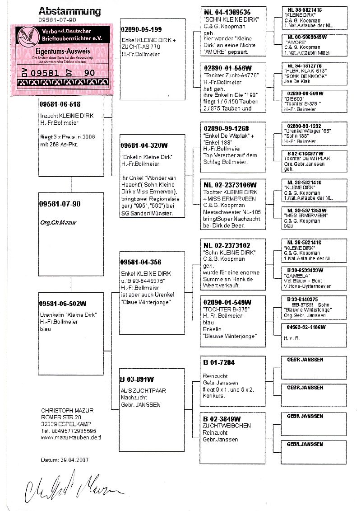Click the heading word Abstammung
(69, 11)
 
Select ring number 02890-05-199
(141, 30)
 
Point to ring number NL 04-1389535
(227, 12)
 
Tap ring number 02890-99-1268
(226, 129)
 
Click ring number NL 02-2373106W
(230, 185)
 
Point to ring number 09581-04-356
(141, 262)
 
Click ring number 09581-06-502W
(63, 303)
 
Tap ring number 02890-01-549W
(227, 302)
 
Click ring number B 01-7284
(219, 362)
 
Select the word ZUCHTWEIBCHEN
(227, 426)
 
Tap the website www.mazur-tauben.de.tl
(71, 437)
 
